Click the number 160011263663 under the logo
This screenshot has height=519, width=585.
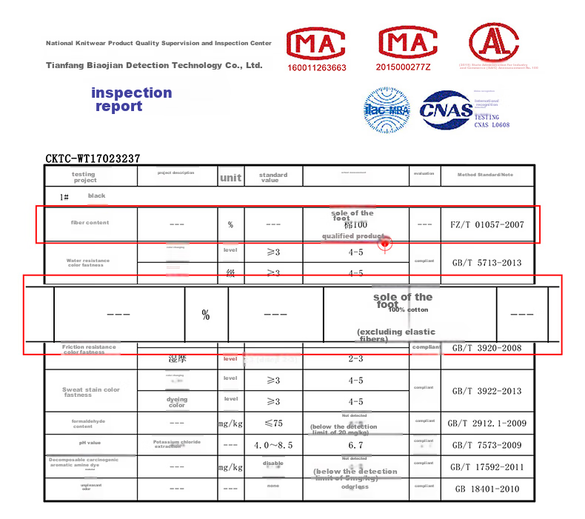coord(317,67)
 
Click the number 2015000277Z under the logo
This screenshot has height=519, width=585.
coord(403,67)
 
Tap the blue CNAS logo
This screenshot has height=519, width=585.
coord(446,110)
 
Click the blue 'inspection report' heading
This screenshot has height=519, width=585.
coord(131,99)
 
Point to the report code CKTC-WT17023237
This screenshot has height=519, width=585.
coord(93,158)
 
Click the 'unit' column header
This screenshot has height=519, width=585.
coord(230,178)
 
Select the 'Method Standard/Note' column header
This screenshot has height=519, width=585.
coord(485,175)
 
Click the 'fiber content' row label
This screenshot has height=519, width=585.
coord(90,223)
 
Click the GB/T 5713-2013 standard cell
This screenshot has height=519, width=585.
coord(487,262)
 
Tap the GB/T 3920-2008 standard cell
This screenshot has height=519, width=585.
coord(487,348)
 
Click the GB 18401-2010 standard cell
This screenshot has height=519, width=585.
coord(487,489)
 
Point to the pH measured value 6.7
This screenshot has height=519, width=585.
coord(355,446)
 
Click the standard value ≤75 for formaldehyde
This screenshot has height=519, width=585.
coord(273,423)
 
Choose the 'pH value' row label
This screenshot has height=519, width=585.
coord(90,443)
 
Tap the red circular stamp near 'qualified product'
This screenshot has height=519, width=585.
coord(384,242)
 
